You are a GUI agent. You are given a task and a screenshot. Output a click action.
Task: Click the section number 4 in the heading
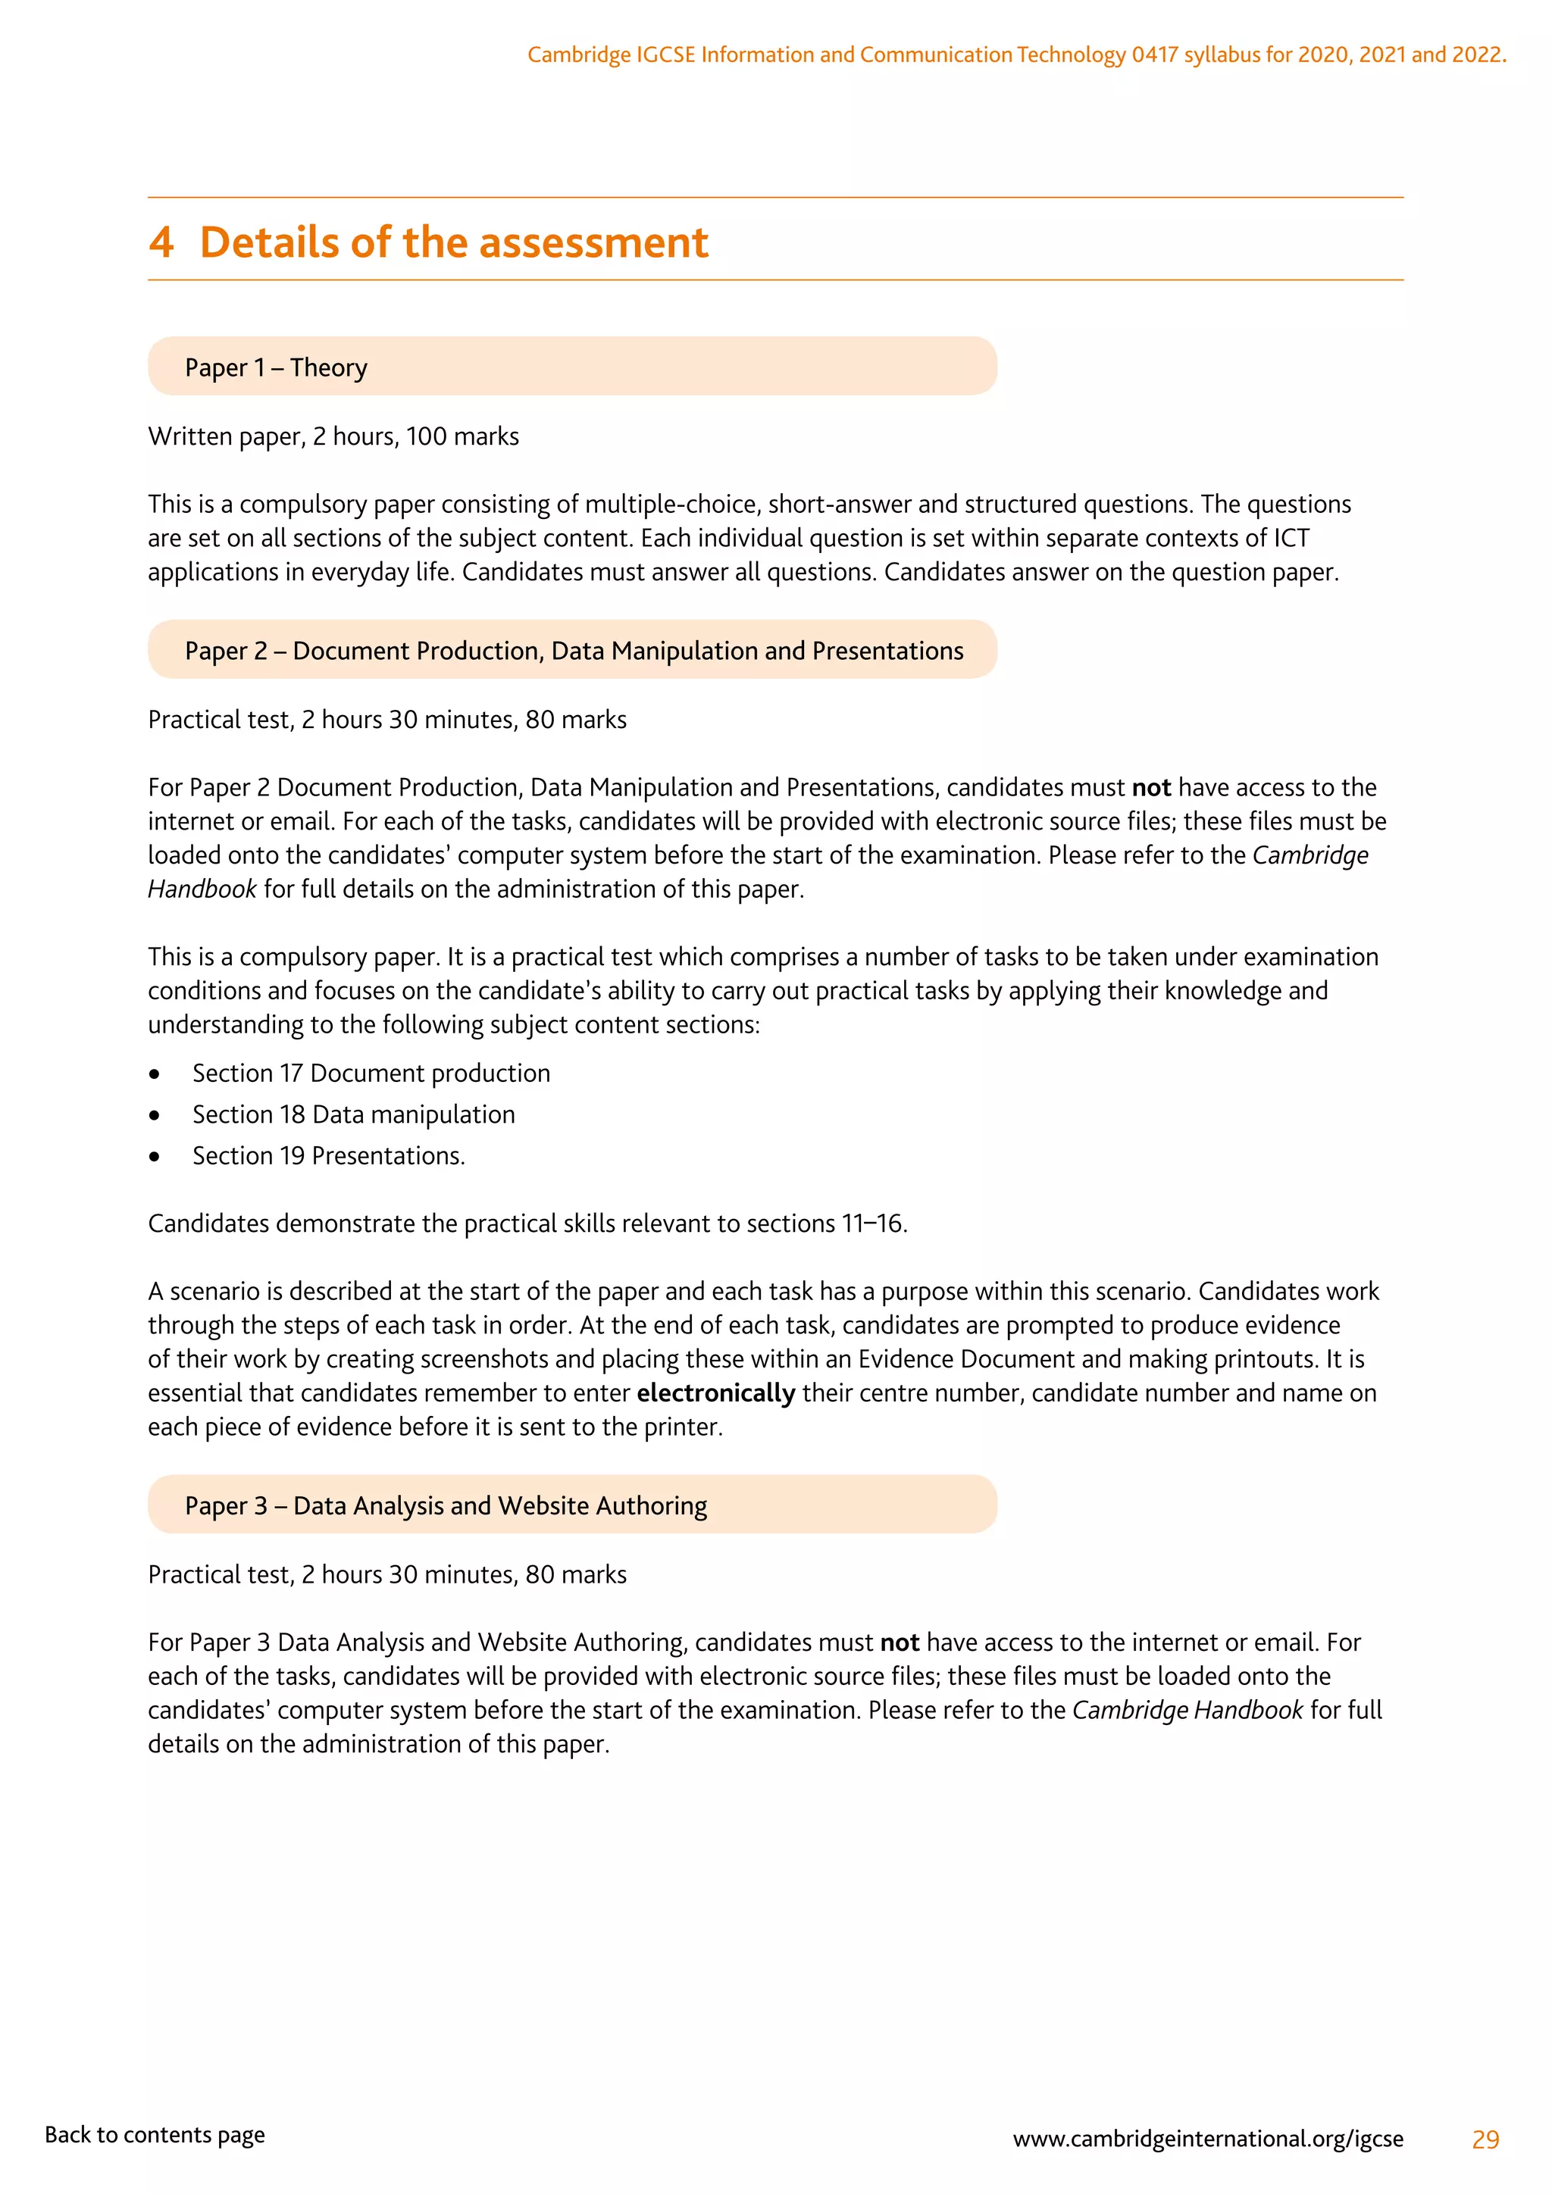161,242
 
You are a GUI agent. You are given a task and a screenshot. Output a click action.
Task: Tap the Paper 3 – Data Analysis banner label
446,1506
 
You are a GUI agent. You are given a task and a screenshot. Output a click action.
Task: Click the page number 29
1485,2139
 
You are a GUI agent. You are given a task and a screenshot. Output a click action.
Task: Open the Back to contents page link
155,2135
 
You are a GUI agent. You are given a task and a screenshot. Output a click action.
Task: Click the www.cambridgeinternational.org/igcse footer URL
1208,2139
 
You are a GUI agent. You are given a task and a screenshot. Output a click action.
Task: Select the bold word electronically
716,1393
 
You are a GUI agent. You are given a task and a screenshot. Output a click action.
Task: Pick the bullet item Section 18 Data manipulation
354,1114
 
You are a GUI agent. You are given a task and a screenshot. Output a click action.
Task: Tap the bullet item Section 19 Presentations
329,1156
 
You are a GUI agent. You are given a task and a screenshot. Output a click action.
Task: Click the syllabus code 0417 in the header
1154,55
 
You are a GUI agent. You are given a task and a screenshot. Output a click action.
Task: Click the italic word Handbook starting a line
202,889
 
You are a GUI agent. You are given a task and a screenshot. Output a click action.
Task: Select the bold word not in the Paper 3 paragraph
900,1642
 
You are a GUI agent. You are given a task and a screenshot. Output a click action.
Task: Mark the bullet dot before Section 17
155,1074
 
